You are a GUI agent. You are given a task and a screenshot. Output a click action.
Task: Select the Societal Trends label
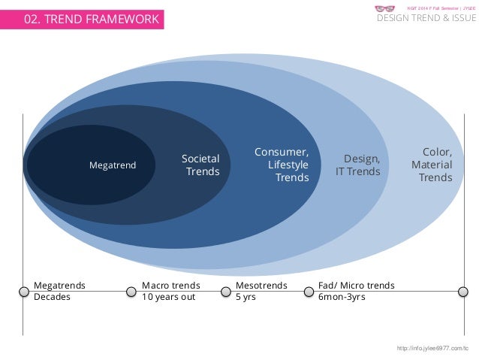click(x=201, y=165)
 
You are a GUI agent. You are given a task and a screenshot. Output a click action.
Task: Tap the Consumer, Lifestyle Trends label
click(x=282, y=165)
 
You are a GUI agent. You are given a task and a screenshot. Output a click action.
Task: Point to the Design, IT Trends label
click(x=358, y=165)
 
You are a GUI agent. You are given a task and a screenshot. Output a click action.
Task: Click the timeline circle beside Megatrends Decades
click(x=23, y=291)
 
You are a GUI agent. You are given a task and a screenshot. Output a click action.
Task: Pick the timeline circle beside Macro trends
click(x=132, y=291)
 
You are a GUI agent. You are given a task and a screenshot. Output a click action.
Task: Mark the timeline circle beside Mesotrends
click(x=226, y=291)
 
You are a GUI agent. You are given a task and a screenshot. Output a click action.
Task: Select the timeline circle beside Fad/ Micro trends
click(x=309, y=291)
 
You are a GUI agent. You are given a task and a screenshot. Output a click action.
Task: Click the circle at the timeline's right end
click(x=463, y=291)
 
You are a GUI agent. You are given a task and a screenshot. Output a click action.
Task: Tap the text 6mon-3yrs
click(x=342, y=297)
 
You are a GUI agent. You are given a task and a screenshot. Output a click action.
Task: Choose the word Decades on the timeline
click(x=52, y=297)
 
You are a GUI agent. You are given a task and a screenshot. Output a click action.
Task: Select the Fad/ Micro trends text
click(x=357, y=286)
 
